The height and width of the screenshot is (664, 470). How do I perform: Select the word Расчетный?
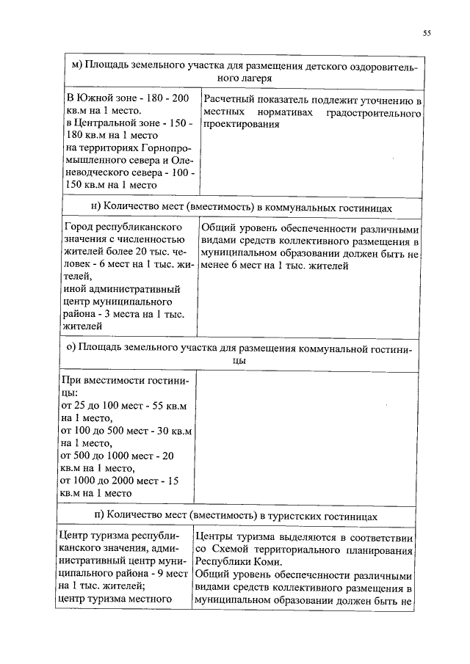coord(231,99)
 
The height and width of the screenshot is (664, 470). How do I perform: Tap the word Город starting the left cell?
coord(79,227)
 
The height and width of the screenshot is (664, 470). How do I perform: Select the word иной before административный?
coord(77,289)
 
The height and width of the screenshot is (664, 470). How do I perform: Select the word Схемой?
coord(236,548)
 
